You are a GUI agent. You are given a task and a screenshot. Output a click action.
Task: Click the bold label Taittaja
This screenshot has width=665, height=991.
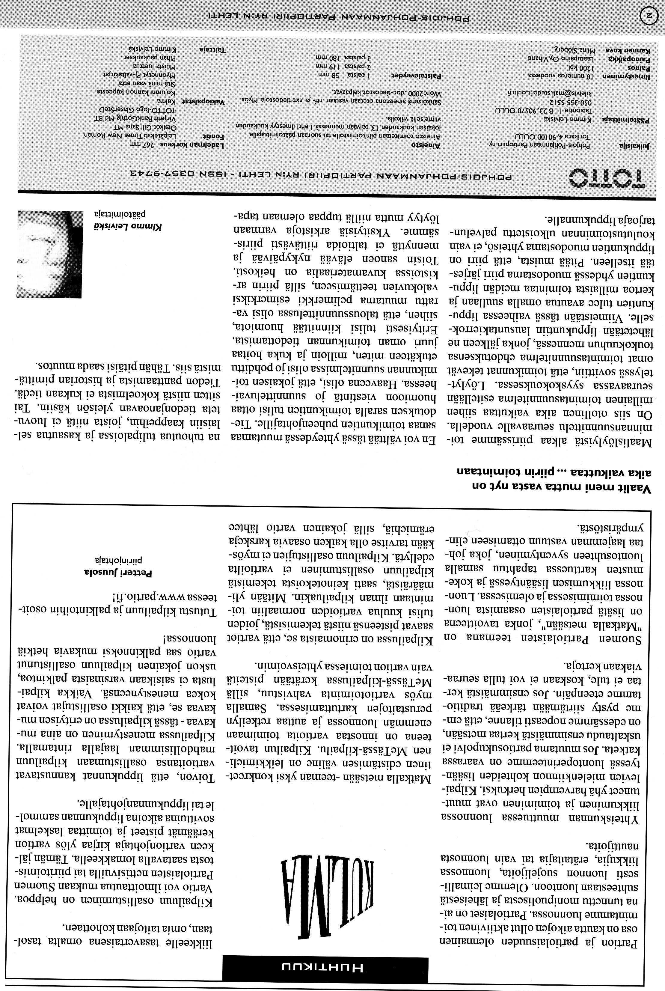coord(212,49)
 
